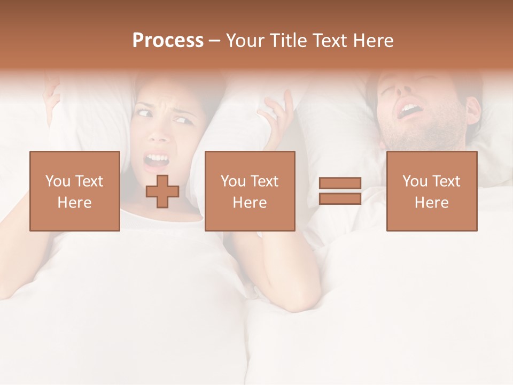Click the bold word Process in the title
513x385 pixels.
(168, 40)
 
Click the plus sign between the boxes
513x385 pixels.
(162, 191)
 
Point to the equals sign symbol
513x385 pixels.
(340, 191)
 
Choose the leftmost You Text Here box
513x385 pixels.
(75, 191)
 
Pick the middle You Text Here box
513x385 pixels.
(250, 191)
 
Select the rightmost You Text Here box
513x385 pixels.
(432, 191)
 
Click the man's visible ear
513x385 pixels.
(472, 109)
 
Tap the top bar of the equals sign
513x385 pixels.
(340, 183)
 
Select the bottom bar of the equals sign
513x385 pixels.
(340, 198)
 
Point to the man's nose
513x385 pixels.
(398, 94)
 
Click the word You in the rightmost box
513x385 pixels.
(414, 181)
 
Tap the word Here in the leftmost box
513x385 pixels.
(75, 203)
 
